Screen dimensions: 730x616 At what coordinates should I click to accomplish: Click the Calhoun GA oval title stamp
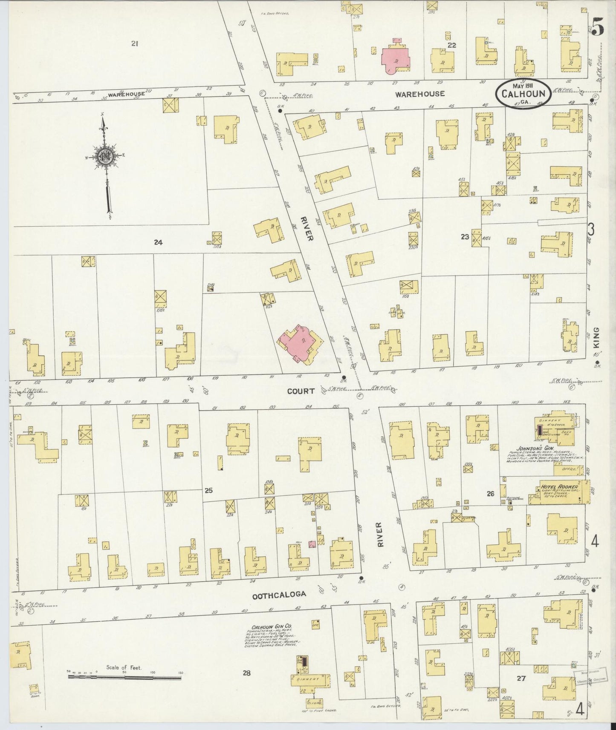click(523, 92)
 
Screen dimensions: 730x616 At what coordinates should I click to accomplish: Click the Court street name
click(301, 391)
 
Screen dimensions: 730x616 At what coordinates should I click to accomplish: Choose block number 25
click(208, 491)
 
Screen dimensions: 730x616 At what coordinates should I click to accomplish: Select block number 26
click(491, 494)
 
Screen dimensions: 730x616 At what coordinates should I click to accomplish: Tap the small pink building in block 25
click(312, 544)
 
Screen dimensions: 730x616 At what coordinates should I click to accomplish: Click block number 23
click(465, 237)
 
